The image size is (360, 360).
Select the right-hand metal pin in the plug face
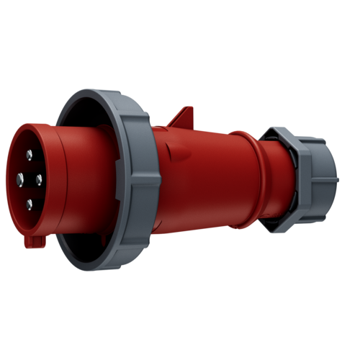(38, 178)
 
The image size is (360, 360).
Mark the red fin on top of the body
(184, 115)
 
